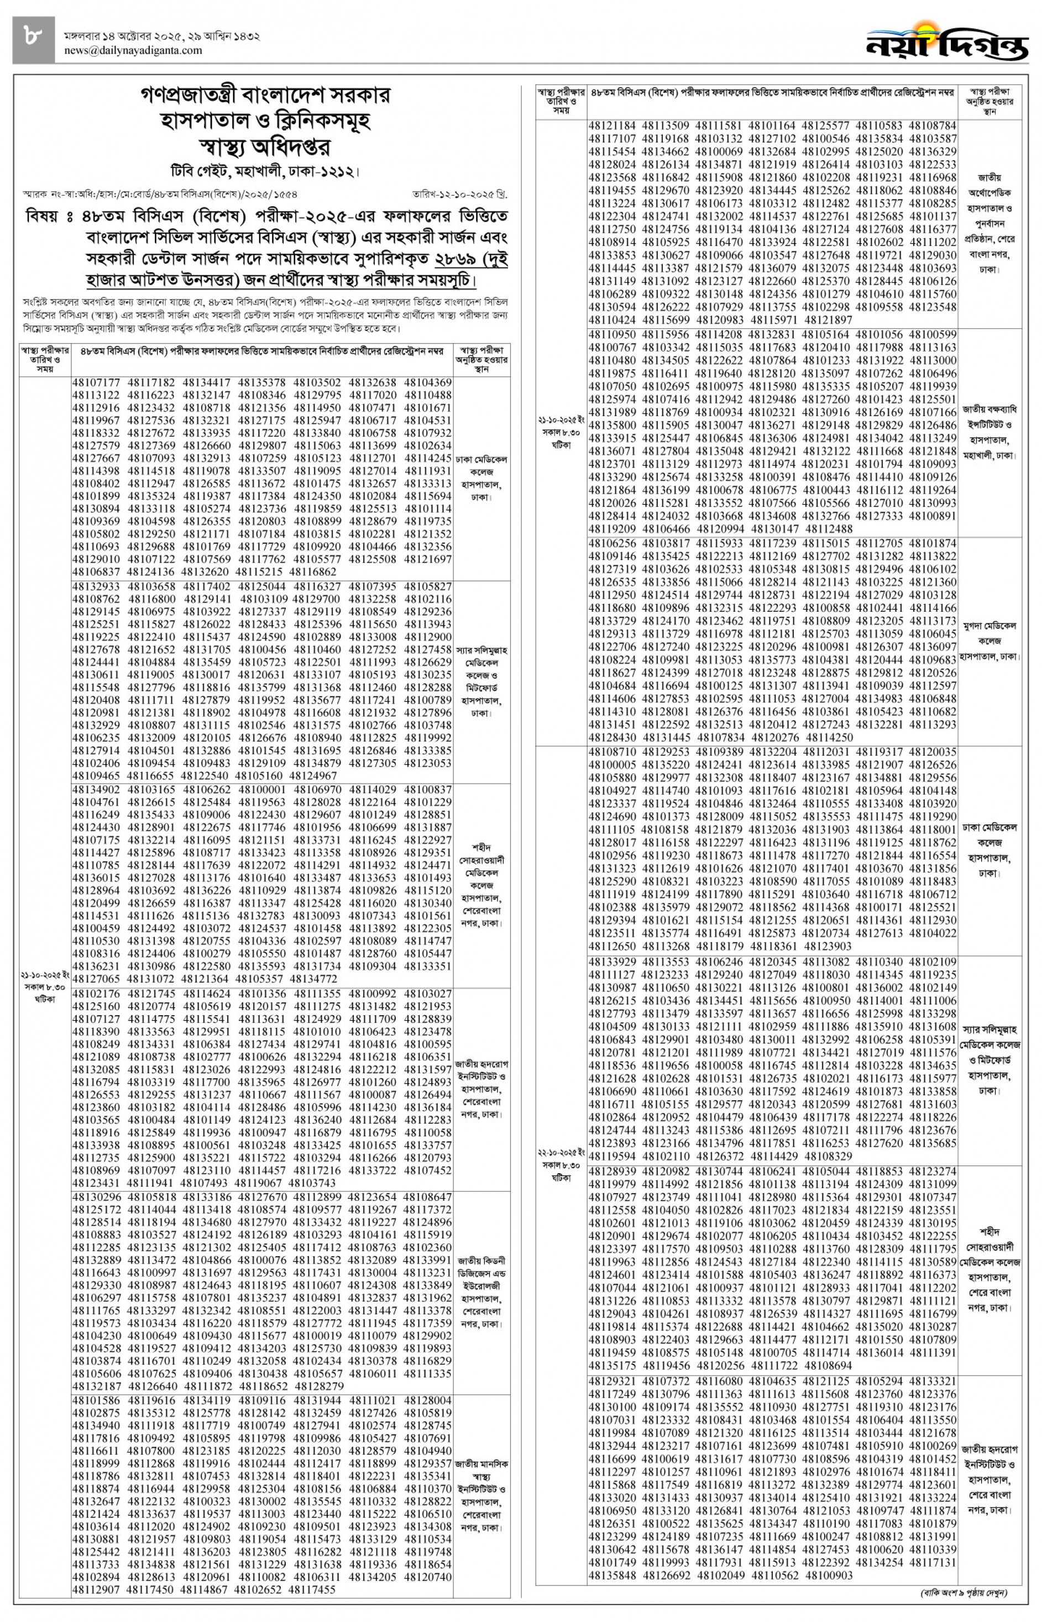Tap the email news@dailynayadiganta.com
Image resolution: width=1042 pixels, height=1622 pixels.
point(133,50)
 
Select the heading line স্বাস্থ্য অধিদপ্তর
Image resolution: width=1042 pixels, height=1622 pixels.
point(265,147)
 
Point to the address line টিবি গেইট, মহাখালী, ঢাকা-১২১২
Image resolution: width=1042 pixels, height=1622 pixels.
point(265,172)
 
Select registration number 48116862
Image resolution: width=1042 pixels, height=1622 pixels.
point(313,571)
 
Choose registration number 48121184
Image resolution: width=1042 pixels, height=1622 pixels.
point(612,126)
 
